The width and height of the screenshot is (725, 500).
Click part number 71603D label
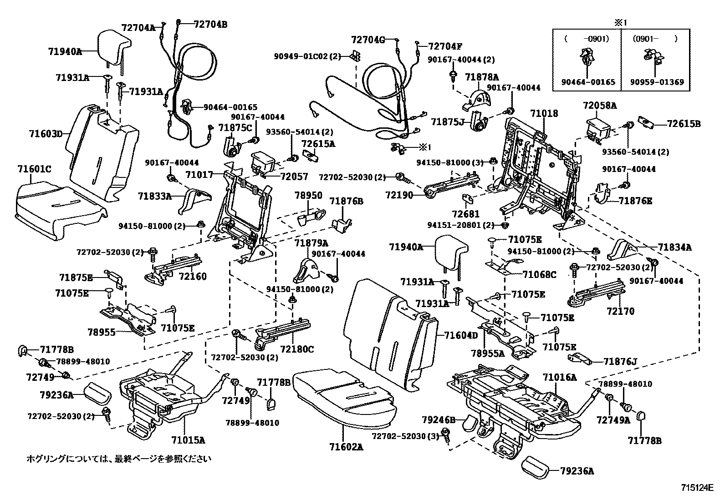(46, 134)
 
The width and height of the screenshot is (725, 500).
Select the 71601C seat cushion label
(34, 169)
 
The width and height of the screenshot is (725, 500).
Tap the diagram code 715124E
(697, 488)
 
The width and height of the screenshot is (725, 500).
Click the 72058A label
(599, 106)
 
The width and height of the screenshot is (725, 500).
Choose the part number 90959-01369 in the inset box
(657, 82)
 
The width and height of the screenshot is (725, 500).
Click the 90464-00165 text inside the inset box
(588, 82)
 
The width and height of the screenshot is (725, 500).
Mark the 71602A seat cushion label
(346, 447)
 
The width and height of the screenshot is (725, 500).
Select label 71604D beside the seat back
(461, 336)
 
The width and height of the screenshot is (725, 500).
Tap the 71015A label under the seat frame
(188, 440)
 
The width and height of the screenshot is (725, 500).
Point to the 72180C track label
(297, 349)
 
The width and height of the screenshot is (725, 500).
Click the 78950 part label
(308, 196)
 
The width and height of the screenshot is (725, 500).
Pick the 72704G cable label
(368, 40)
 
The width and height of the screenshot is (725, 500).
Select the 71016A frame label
(559, 377)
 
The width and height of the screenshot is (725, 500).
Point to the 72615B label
(684, 123)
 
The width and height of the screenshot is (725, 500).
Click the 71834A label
(674, 247)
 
